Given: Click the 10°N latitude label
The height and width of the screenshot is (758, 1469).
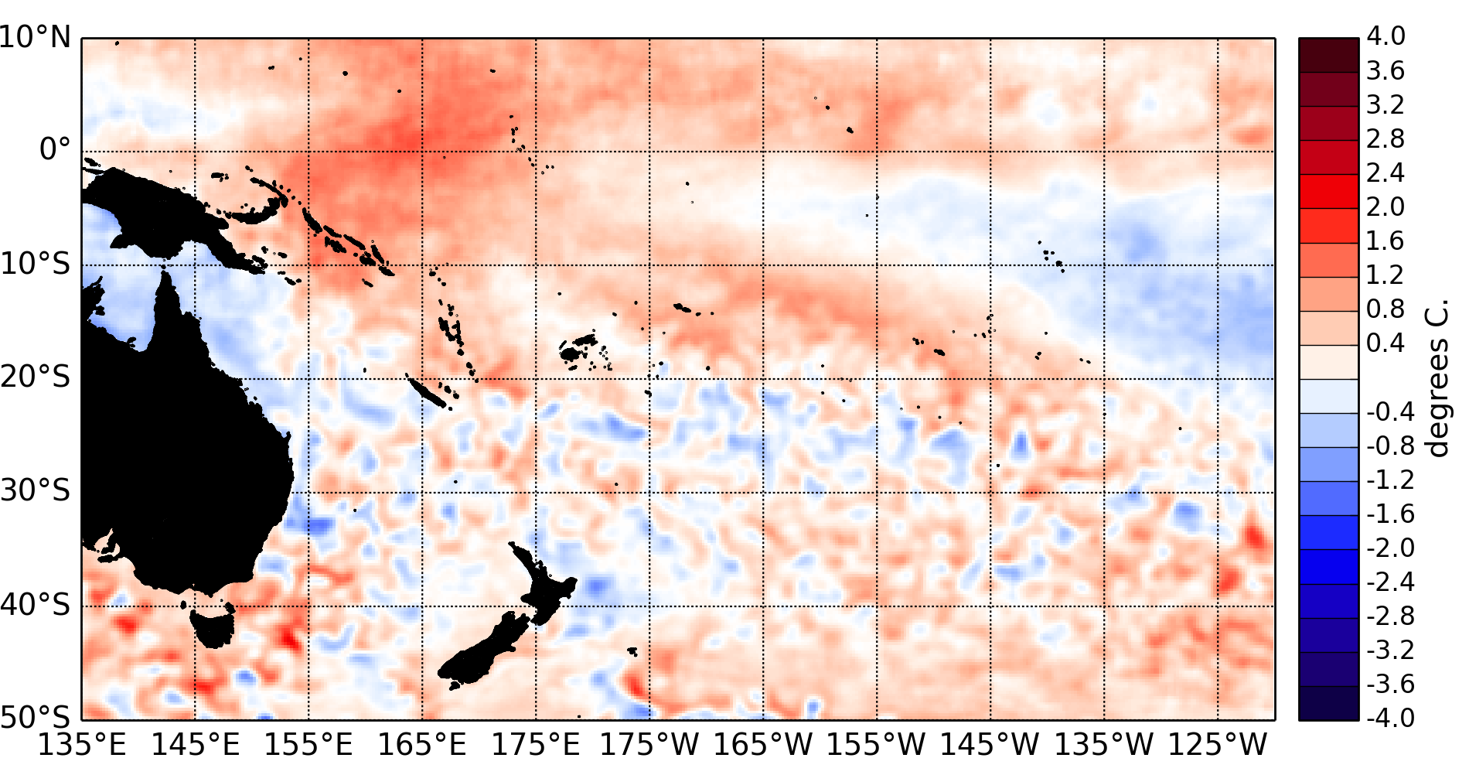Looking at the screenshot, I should (36, 37).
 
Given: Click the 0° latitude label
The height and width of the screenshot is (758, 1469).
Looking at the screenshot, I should (54, 149).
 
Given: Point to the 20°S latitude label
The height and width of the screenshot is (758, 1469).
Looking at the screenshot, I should (36, 377).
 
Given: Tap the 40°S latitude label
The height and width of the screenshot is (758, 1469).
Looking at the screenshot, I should (36, 604).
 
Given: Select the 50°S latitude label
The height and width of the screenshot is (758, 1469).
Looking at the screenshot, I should (36, 716).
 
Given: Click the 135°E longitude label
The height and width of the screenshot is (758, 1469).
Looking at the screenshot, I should (82, 744).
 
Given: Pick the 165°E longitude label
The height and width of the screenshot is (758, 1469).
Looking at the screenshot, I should (422, 744).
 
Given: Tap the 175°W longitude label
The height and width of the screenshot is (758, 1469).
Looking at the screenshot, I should (649, 744).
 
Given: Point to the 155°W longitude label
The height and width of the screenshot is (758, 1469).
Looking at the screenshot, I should (877, 744).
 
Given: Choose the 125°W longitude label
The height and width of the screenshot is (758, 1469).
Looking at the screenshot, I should (1218, 744).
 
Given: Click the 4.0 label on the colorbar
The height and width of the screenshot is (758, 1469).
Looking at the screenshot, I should (1385, 36).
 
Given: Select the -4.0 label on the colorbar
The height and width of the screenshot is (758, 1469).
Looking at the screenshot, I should (1390, 718).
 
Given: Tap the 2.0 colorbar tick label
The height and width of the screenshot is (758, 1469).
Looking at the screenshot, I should (1385, 207).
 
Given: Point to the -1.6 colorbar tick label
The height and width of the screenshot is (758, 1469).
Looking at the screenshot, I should (1390, 514).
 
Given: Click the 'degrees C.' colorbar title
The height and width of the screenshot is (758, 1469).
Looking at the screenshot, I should (1438, 379).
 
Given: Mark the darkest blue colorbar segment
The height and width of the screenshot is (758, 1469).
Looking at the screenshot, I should (1328, 703).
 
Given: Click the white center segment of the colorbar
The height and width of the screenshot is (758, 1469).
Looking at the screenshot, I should (1328, 379).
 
